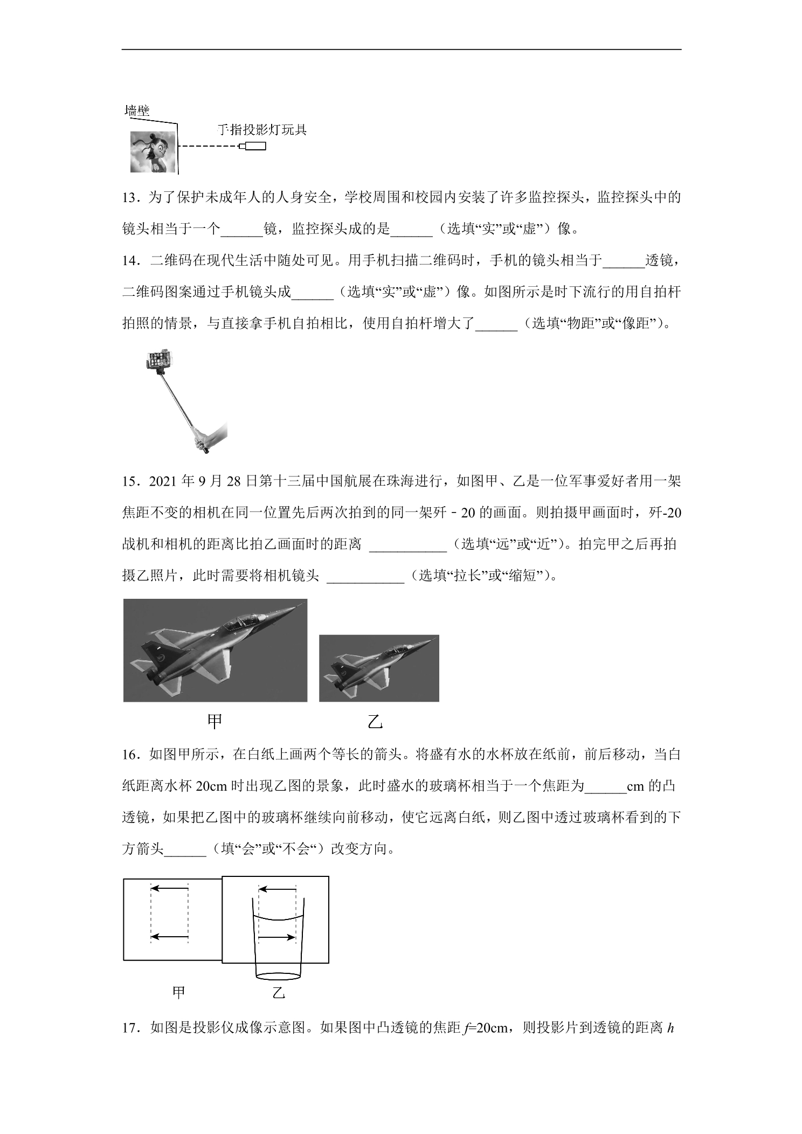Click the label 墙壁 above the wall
coord(137,111)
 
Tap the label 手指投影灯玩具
coord(262,130)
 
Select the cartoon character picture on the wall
coord(153,151)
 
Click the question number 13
coord(130,198)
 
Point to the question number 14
coord(130,261)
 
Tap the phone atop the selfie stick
coord(160,359)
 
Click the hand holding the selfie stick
coord(210,438)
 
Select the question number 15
coord(130,481)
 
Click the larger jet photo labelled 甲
coord(215,650)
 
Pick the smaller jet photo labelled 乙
coord(379,668)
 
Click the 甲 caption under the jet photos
coord(215,722)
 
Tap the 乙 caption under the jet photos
coord(375,722)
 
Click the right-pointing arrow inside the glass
coord(277,938)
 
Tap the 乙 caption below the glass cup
coord(279,993)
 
